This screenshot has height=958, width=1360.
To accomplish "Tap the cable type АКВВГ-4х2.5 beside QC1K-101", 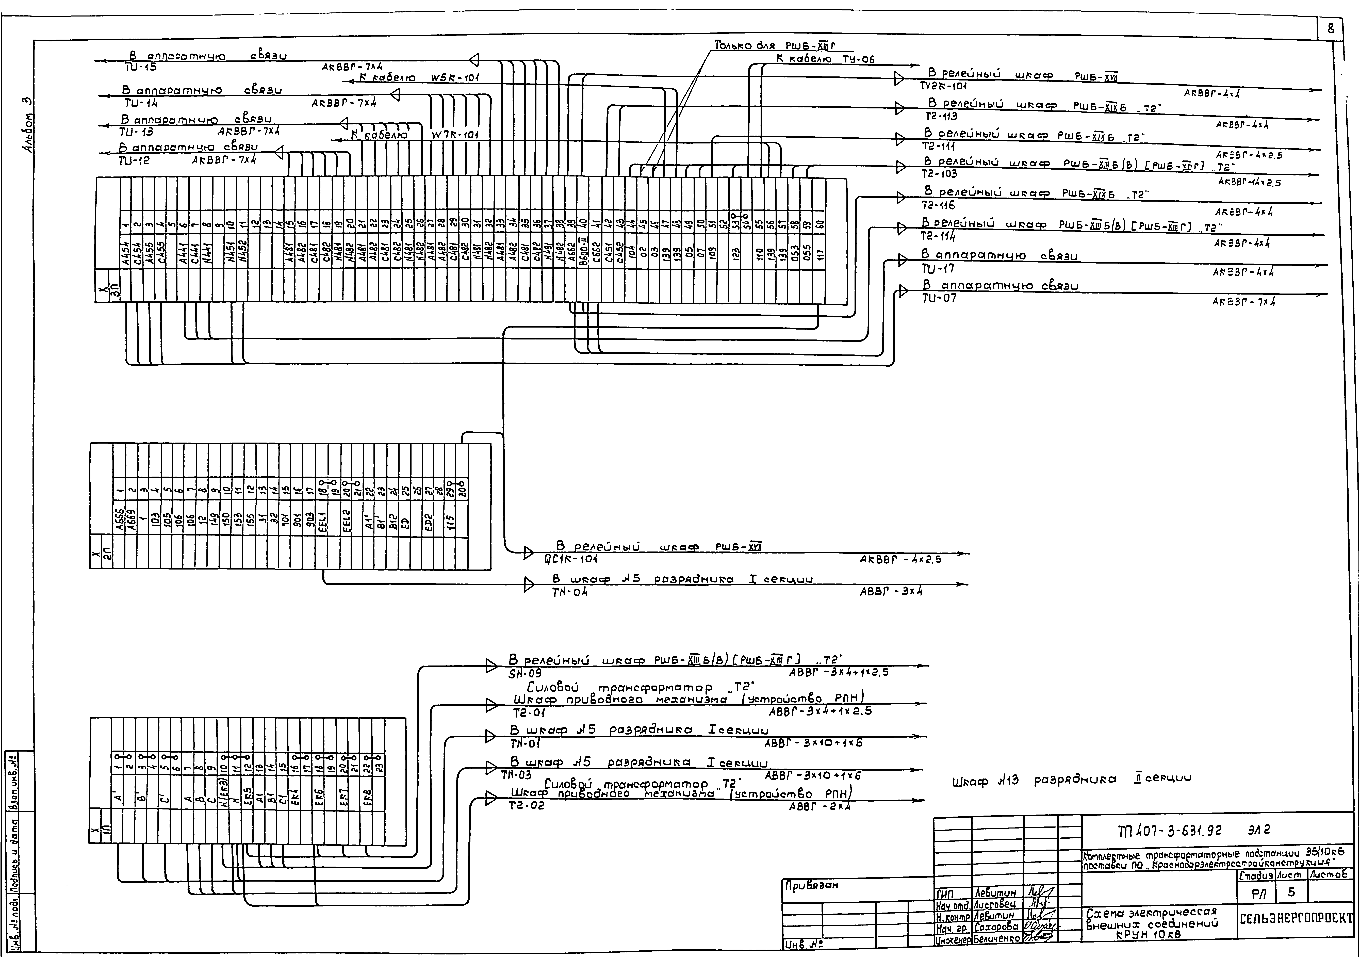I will [900, 559].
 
